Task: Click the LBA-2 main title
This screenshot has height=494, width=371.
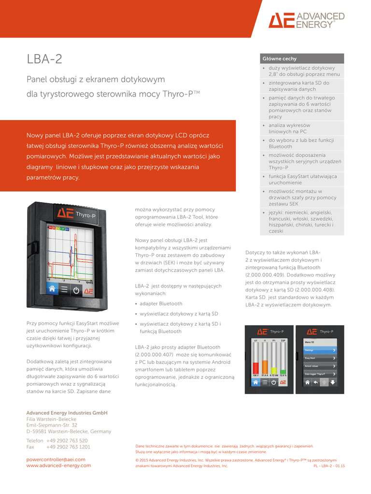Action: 44,59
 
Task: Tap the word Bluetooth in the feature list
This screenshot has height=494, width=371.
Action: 280,146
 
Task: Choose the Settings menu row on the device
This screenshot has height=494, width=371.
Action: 320,350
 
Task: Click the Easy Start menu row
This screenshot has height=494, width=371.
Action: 320,358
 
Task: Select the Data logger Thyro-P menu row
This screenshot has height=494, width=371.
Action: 320,374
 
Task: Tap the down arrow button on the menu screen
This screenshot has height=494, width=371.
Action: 332,382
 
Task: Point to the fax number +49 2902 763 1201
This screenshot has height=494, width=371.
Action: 68,447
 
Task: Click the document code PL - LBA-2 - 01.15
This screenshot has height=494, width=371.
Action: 329,466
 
